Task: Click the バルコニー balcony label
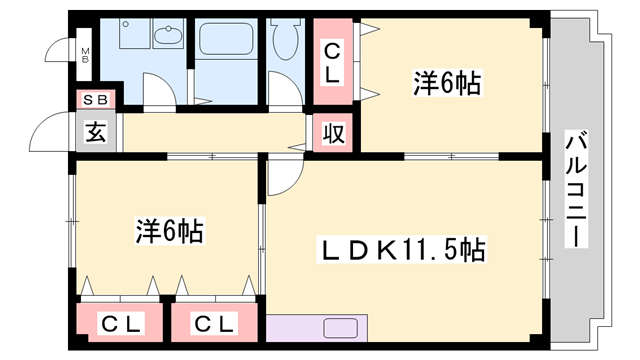575,190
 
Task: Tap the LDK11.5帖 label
403,249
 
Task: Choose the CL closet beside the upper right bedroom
331,61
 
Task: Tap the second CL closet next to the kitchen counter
214,323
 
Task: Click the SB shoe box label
97,100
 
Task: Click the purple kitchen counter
318,328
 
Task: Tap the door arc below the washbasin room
157,91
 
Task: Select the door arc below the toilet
284,96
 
